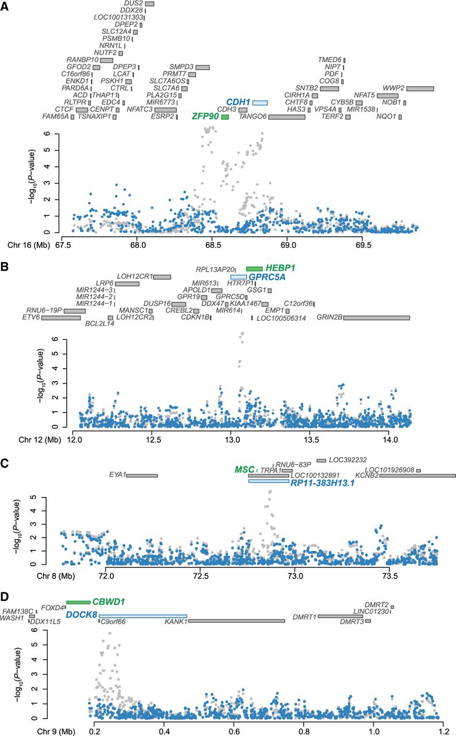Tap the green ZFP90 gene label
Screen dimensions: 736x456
click(x=205, y=117)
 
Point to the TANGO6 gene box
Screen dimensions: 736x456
click(x=286, y=117)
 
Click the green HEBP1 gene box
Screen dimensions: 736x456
click(x=254, y=269)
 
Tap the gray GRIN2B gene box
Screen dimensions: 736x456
click(x=377, y=317)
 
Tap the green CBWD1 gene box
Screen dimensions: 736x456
click(x=78, y=602)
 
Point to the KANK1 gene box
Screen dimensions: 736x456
click(x=236, y=621)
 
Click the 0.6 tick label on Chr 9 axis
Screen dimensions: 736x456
click(x=233, y=730)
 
